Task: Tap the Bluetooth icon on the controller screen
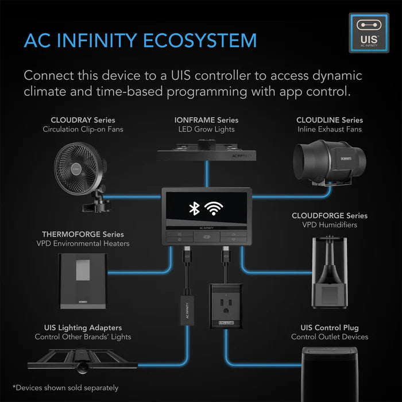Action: coord(194,208)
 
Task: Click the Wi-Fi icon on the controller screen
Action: coord(215,208)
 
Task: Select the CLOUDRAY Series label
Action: coord(83,120)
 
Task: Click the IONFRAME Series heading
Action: coord(206,120)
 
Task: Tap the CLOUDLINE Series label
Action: coord(330,120)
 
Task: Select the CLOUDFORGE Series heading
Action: coord(330,215)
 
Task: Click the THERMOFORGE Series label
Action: coord(83,234)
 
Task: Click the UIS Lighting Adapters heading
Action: coord(83,327)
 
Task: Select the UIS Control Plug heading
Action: coord(330,327)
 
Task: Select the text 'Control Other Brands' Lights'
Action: coord(83,337)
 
